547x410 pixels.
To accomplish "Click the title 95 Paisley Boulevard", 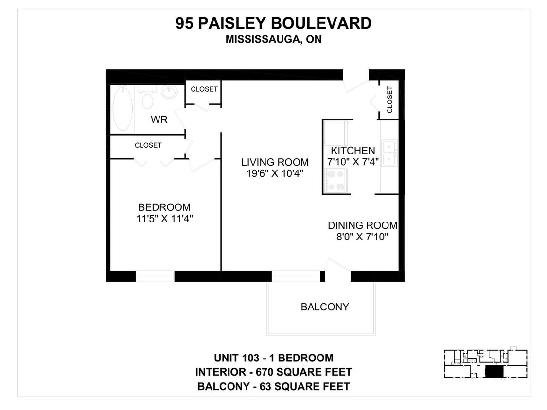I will click(x=273, y=23).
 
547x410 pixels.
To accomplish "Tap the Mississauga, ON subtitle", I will click(x=273, y=40).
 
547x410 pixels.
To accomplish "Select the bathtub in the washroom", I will click(x=123, y=108).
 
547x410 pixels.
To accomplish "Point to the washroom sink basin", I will click(x=170, y=92).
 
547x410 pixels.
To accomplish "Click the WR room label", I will click(x=159, y=120).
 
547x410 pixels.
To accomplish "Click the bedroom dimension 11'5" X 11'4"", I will click(x=165, y=219).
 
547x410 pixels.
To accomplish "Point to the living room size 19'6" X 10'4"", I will click(x=275, y=174).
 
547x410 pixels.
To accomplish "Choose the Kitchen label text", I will click(x=353, y=151).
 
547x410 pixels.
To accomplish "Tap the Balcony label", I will click(x=325, y=307).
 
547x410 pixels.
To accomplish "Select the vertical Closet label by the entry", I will click(x=389, y=100).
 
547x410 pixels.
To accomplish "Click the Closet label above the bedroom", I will click(x=148, y=145).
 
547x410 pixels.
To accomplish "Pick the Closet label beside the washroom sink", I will click(x=204, y=89).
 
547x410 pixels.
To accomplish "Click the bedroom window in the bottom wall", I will click(x=155, y=276).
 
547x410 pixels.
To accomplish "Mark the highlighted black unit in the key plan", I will click(x=493, y=372).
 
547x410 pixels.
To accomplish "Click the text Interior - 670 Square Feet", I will click(x=273, y=372).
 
